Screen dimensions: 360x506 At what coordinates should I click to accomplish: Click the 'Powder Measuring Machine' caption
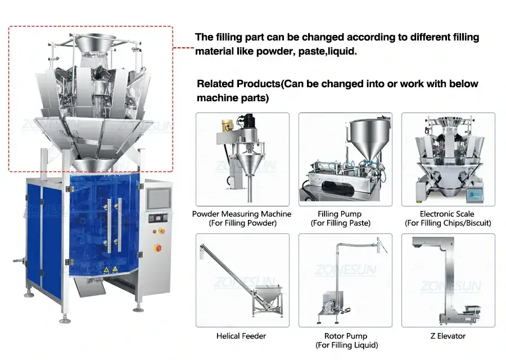pyautogui.click(x=242, y=214)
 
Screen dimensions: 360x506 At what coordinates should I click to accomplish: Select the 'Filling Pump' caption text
pyautogui.click(x=340, y=214)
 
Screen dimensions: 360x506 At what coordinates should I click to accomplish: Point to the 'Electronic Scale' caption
pyautogui.click(x=447, y=214)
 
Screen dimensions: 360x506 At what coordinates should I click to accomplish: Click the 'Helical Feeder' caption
pyautogui.click(x=241, y=336)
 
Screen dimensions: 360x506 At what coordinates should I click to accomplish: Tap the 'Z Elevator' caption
pyautogui.click(x=448, y=336)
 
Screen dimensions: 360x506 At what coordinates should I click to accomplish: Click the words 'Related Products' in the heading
pyautogui.click(x=238, y=84)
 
